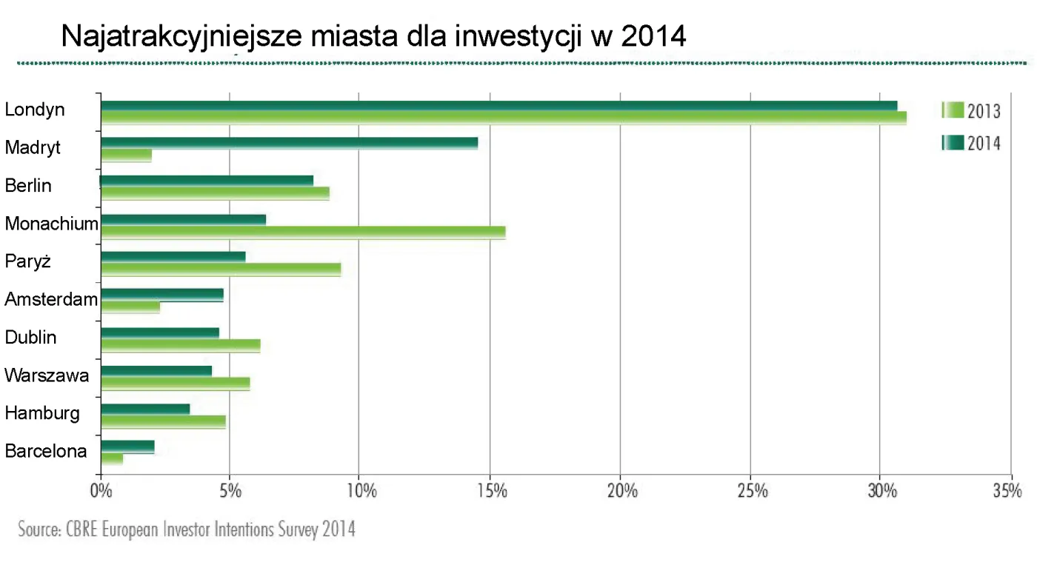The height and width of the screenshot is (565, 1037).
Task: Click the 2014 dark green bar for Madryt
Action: [x=289, y=143]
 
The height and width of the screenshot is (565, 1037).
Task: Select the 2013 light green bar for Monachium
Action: [x=303, y=232]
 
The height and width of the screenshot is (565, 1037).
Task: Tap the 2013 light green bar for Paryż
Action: [x=221, y=270]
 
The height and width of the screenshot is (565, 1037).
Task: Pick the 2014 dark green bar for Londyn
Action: [x=499, y=105]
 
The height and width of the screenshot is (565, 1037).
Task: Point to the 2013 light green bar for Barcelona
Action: [x=112, y=459]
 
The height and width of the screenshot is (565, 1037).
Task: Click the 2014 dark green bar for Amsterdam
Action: [x=161, y=295]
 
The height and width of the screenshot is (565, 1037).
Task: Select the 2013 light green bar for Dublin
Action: [x=180, y=346]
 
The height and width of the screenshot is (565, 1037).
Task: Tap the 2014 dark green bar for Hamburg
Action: [x=145, y=408]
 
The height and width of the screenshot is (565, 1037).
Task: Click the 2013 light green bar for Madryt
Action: [x=126, y=156]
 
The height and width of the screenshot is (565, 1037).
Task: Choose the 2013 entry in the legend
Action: [x=971, y=112]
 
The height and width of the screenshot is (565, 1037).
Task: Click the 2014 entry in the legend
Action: [x=971, y=143]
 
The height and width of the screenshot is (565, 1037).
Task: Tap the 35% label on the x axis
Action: [x=1007, y=492]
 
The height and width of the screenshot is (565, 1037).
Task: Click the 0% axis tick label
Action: [x=100, y=492]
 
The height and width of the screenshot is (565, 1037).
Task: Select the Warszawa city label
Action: [x=47, y=375]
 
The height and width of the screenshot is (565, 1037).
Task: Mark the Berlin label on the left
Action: [x=28, y=186]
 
